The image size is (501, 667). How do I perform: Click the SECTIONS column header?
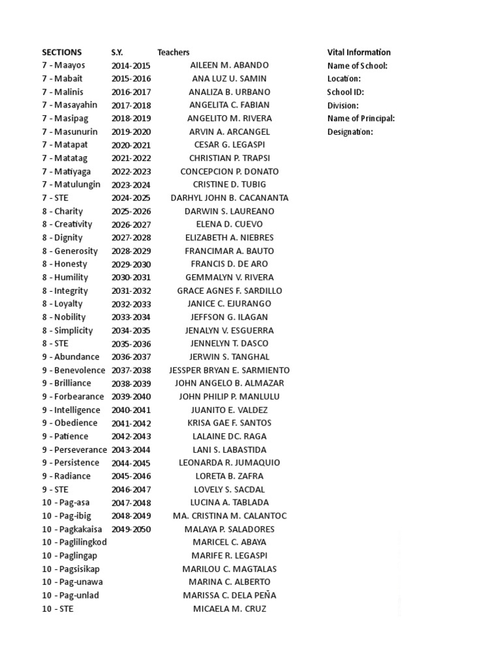point(62,52)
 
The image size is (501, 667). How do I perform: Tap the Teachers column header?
point(173,52)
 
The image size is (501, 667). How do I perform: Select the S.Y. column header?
point(117,52)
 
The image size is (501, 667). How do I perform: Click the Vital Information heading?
point(359,52)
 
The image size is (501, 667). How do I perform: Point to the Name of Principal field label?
point(361,119)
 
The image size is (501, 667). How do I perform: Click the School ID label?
point(345,92)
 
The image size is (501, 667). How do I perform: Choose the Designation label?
point(350,132)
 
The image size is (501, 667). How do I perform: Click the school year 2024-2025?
point(130,198)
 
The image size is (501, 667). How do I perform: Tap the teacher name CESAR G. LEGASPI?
point(230,145)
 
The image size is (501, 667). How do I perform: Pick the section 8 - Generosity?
point(70,251)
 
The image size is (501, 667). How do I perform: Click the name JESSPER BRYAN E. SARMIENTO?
point(230,370)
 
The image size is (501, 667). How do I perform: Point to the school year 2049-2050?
point(130,529)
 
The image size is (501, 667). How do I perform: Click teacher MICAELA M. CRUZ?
point(230,608)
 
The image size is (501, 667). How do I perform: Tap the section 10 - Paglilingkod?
point(75,542)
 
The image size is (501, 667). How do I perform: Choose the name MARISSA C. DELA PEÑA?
point(230,595)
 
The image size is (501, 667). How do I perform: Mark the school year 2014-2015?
point(130,65)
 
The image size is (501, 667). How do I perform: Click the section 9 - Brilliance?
point(67,383)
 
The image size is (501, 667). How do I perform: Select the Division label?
point(343,105)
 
